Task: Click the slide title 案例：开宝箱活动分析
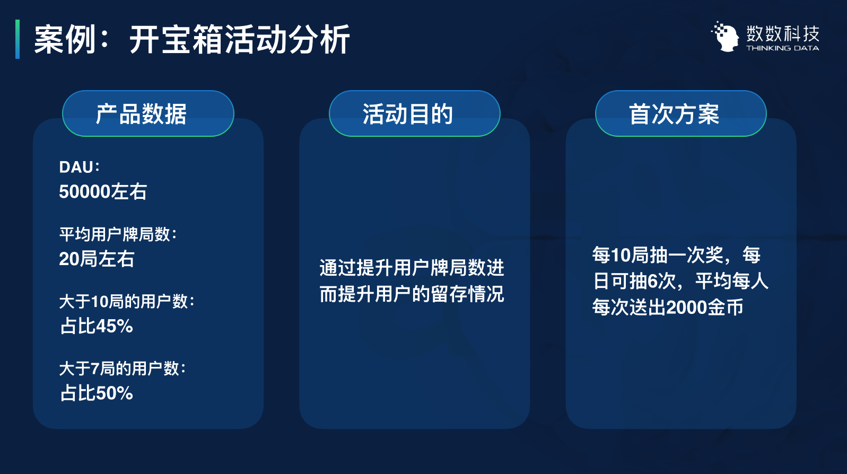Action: pos(191,40)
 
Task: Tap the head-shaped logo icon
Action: pos(725,37)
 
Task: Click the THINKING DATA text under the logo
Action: pos(782,48)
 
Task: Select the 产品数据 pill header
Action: pos(148,113)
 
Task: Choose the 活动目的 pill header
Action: pos(414,113)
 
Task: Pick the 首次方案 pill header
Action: pos(680,113)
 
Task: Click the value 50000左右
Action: pos(103,191)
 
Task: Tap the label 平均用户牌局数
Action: pos(118,234)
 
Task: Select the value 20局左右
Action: pos(97,259)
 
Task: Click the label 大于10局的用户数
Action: pos(127,302)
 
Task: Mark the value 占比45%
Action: pos(97,326)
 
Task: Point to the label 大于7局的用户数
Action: pos(123,368)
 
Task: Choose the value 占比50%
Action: pos(97,393)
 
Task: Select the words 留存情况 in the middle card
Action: pos(467,294)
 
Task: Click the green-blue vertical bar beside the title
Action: pos(18,39)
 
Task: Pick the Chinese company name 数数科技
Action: pos(783,33)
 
